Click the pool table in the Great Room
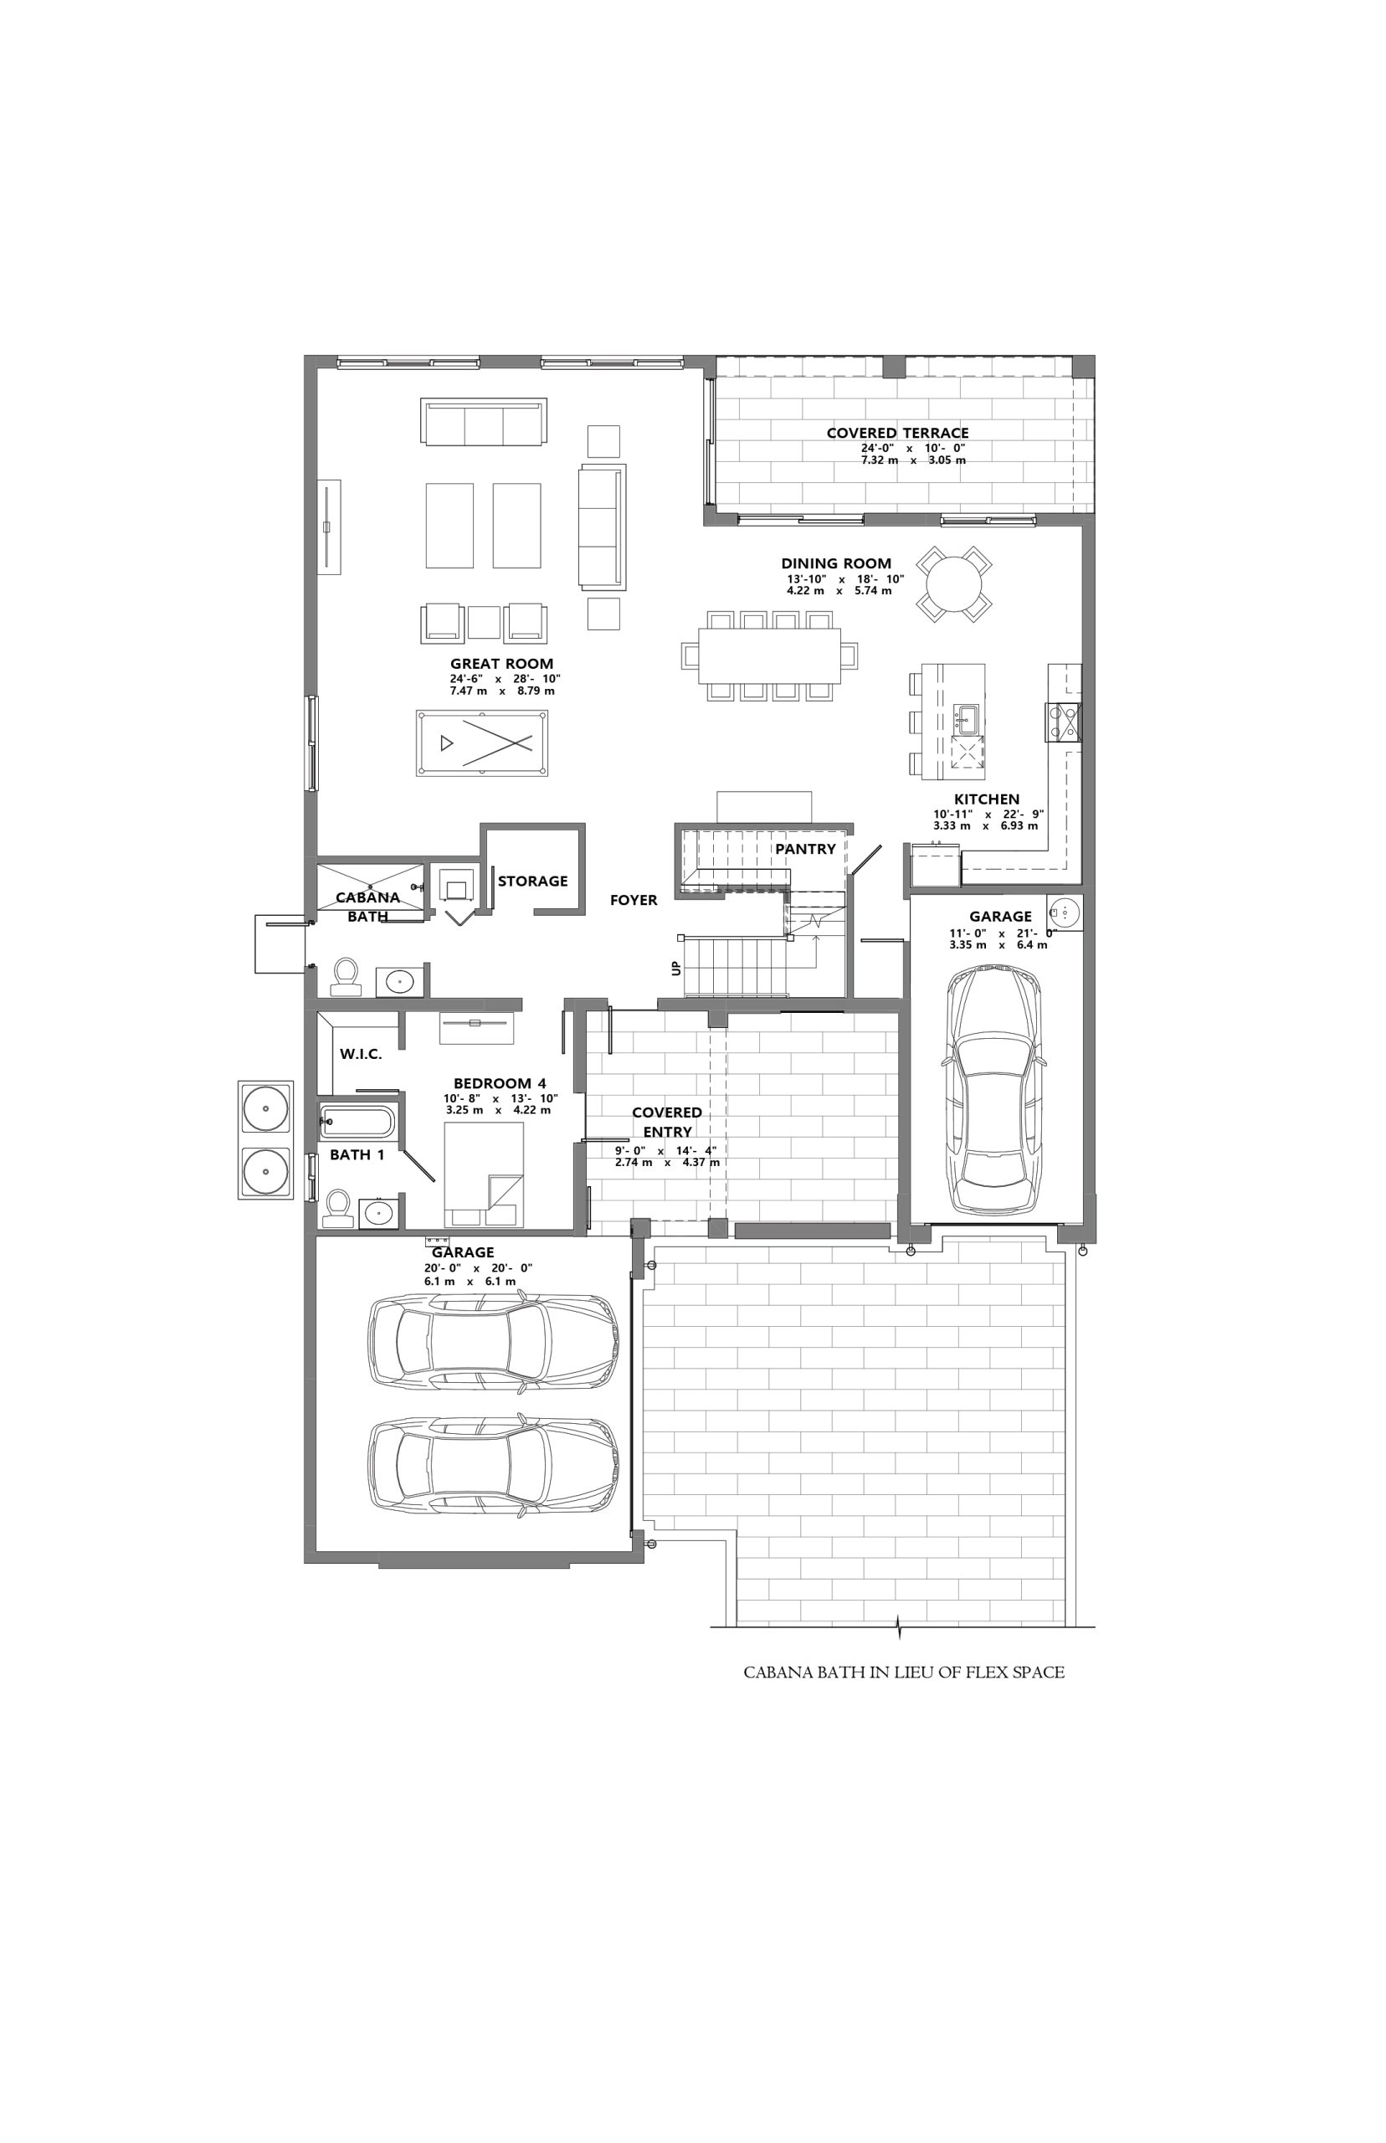click(x=482, y=743)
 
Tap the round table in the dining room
click(x=954, y=583)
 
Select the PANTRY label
click(x=805, y=849)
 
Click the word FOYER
click(x=634, y=900)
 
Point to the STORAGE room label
click(x=533, y=881)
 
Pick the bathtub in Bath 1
click(x=357, y=1123)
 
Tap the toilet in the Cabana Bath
click(x=346, y=977)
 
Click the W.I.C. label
click(x=361, y=1054)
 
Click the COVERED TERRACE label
click(x=897, y=433)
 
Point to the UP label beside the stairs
click(x=676, y=969)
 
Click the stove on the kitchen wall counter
click(x=1063, y=722)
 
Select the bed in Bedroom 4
click(x=485, y=1174)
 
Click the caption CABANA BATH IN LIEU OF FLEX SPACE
click(x=904, y=1673)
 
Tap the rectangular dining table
click(x=769, y=655)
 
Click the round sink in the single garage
click(x=1065, y=912)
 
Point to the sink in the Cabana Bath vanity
click(x=396, y=981)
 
